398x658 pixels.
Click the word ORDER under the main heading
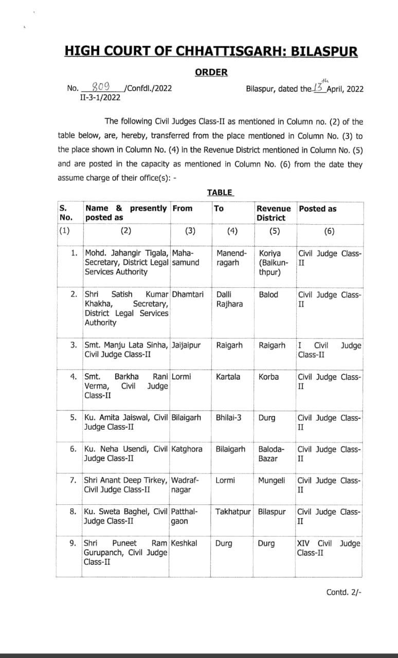[211, 72]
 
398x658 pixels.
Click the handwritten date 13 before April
[320, 87]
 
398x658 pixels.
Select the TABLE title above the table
[220, 192]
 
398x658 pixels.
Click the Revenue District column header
[274, 213]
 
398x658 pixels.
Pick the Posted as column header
[318, 208]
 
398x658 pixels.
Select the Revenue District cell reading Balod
[268, 295]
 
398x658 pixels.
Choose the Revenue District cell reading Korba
[268, 377]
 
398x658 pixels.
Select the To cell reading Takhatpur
[233, 511]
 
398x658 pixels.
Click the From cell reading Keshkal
[184, 543]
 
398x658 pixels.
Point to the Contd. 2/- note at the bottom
[344, 592]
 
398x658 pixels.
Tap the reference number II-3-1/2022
[100, 97]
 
